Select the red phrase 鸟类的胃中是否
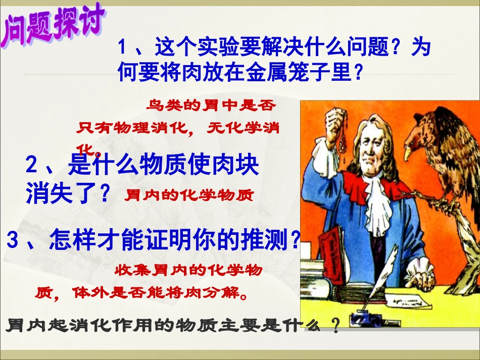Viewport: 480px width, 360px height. coord(212,106)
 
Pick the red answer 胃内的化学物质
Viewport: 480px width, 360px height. coord(188,195)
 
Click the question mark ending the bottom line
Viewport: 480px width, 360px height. coord(334,326)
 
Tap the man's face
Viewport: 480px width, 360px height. coord(371,151)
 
